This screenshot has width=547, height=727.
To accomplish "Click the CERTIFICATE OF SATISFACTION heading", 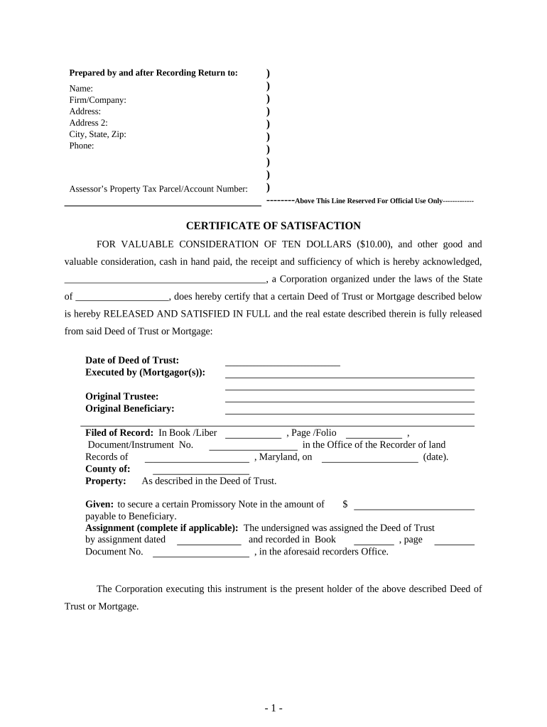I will [273, 226].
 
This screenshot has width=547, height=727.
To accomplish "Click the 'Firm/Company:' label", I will [97, 100].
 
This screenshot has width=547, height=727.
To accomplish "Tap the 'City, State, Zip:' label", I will [97, 134].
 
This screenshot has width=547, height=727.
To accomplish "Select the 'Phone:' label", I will [81, 146].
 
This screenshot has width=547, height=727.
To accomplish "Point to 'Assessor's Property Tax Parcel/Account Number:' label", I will [158, 189].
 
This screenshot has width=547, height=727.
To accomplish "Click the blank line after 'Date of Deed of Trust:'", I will [282, 364].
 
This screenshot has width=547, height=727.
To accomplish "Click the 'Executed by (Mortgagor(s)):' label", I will [145, 372].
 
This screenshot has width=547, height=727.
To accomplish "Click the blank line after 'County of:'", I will [201, 473].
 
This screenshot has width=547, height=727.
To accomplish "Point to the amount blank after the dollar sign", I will [413, 508].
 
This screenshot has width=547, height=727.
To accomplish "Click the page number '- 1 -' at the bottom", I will [273, 708].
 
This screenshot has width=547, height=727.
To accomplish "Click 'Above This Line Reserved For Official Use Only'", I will [368, 202].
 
